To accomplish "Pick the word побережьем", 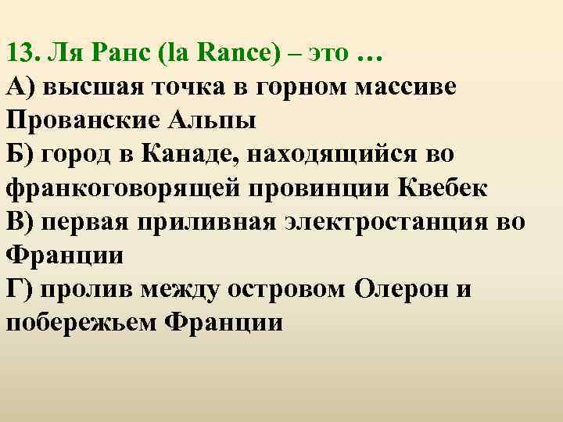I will point(79,321).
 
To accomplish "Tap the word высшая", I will point(87,89).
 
